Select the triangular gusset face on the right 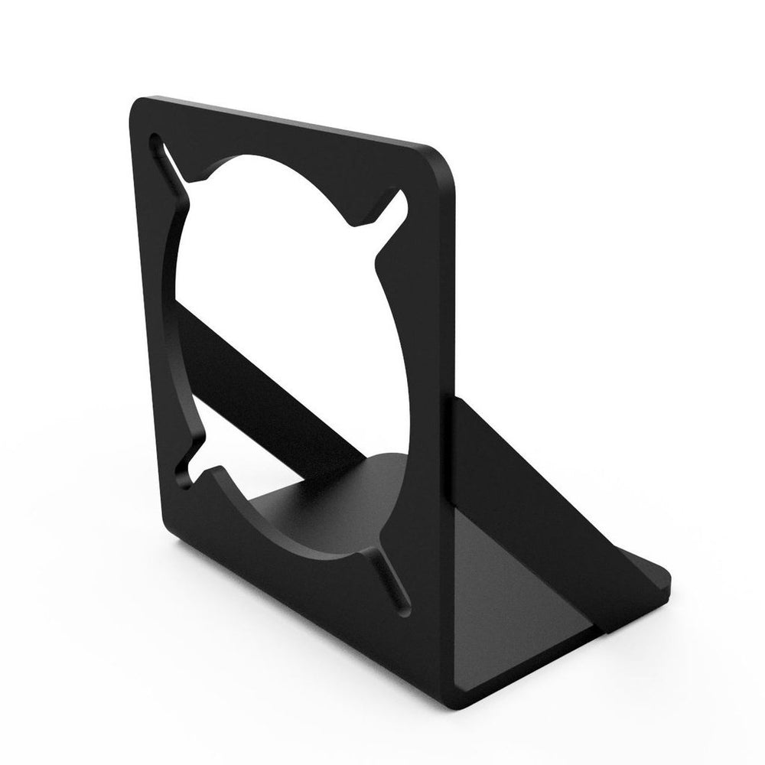528,490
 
